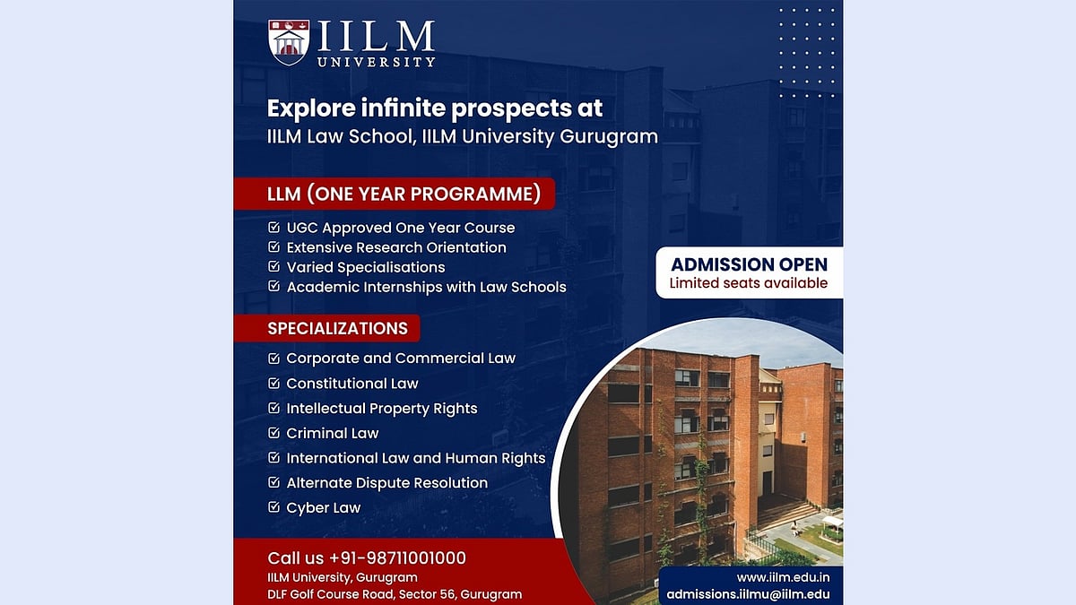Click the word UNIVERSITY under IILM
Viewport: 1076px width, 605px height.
click(x=377, y=62)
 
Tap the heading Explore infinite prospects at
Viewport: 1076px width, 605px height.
click(x=435, y=108)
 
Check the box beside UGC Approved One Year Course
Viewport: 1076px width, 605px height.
click(x=273, y=228)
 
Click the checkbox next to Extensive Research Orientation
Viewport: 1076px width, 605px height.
click(x=273, y=247)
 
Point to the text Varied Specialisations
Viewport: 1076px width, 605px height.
click(x=366, y=267)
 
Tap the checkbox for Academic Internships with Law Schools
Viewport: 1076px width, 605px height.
click(x=273, y=287)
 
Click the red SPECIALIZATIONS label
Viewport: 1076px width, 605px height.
click(x=337, y=328)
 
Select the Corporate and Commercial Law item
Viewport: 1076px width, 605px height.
click(x=401, y=358)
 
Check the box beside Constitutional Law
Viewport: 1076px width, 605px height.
click(x=273, y=384)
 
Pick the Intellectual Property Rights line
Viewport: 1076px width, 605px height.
click(x=382, y=408)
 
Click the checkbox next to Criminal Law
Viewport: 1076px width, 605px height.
click(x=273, y=433)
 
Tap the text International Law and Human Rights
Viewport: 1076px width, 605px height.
click(x=416, y=458)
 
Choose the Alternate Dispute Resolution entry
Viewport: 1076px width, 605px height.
click(x=387, y=482)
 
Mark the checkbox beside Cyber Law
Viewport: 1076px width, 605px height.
click(x=273, y=507)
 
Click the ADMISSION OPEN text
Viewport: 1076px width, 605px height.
click(x=750, y=264)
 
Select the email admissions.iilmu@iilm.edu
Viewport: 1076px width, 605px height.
click(x=748, y=594)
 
